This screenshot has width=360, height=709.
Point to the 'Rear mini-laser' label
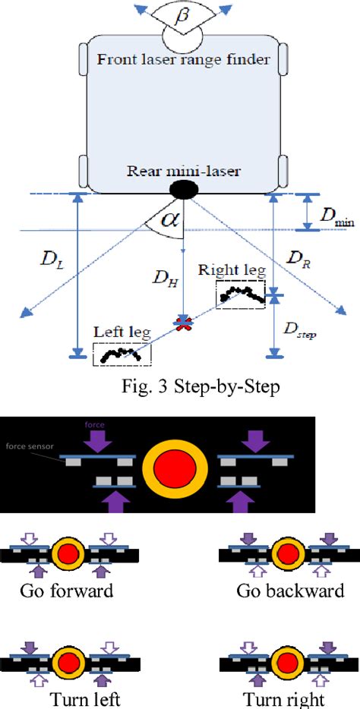(182, 171)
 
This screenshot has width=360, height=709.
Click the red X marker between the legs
(182, 324)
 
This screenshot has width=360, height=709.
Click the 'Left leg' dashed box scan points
(122, 353)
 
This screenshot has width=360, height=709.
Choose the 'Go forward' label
(66, 591)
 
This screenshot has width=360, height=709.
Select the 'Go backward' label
(289, 591)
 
